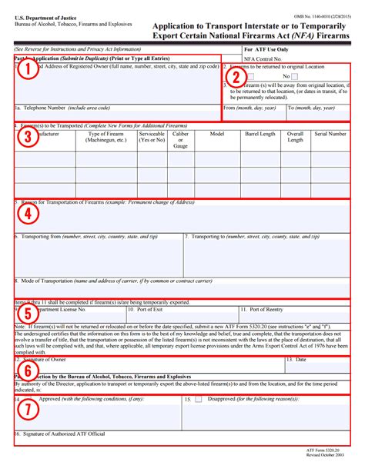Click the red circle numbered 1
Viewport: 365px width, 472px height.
pyautogui.click(x=27, y=71)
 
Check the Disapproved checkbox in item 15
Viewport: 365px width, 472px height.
pyautogui.click(x=198, y=401)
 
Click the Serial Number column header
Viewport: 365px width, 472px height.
pyautogui.click(x=330, y=134)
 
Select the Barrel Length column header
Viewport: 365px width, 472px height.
pyautogui.click(x=260, y=134)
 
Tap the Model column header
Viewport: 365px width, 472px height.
pyautogui.click(x=216, y=134)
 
